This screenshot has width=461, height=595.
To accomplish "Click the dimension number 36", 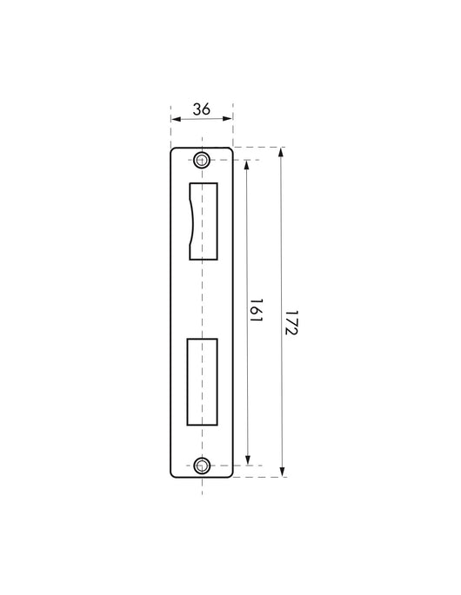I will (202, 109).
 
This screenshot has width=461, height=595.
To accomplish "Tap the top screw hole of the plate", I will (202, 160).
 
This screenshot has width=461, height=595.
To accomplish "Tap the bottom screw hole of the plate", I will (202, 466).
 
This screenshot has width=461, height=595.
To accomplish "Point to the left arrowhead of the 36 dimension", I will (174, 119).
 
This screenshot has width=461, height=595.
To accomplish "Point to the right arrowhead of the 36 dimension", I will (229, 119).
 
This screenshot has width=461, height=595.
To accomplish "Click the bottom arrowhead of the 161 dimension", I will (248, 461).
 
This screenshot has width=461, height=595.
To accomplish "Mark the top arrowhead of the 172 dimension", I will (282, 151).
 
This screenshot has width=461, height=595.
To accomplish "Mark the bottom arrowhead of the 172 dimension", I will (282, 473).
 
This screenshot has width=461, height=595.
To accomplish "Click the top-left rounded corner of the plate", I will (173, 150).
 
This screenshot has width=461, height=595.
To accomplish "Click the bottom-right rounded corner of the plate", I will (230, 474).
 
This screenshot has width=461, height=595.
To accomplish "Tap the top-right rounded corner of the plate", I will (230, 150).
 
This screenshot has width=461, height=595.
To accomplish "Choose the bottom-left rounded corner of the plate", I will (173, 474).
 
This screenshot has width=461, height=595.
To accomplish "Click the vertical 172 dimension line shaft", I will (282, 261).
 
